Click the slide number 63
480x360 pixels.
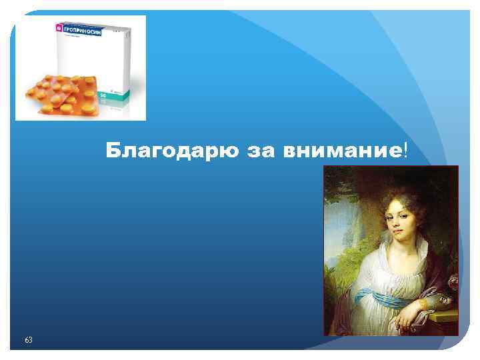pyautogui.click(x=28, y=340)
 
